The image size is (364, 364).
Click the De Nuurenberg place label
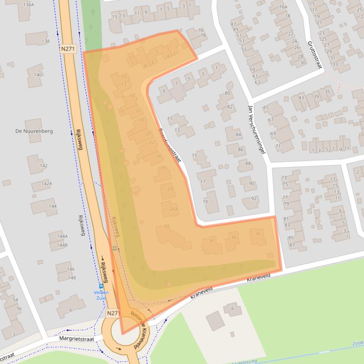34,131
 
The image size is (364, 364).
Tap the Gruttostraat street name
313,54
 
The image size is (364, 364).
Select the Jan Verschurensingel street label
256,129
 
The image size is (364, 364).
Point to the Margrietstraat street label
77,338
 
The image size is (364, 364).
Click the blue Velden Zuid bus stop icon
101,286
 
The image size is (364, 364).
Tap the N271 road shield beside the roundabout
112,313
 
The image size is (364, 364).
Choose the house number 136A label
28,5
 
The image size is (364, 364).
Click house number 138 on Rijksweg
45,41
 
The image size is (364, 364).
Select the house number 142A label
46,183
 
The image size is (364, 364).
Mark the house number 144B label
62,245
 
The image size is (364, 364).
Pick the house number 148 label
71,277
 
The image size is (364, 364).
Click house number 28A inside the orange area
173,209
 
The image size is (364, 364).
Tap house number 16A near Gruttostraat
283,7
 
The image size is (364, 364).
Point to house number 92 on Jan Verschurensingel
253,199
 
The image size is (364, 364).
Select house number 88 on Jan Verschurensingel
248,163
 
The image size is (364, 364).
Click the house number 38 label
211,241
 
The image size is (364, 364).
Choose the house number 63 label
257,82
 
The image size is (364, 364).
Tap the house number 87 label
291,244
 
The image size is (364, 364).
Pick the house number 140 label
38,75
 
